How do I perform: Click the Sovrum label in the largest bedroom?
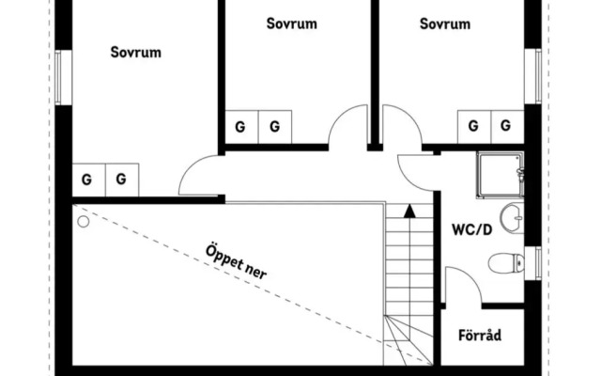pos(135,53)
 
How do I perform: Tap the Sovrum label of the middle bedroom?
pos(291,23)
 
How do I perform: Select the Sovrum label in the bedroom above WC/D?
pos(444,23)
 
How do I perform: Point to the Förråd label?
pos(480,335)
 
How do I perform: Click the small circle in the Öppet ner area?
pos(83,222)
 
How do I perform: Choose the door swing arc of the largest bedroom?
pos(199,176)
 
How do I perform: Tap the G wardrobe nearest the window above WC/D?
pos(508,126)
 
